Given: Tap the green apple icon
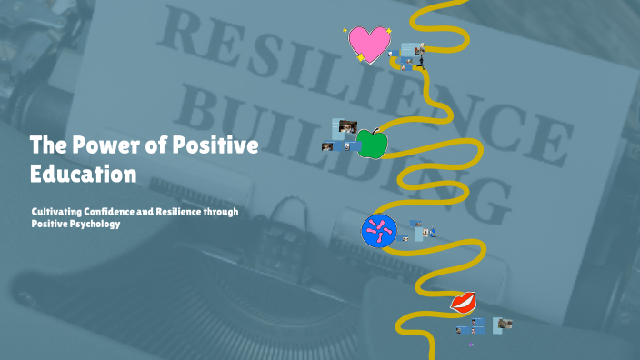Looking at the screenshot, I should point(370,143).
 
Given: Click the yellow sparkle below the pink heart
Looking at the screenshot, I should point(361,59).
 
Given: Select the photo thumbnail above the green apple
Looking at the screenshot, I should point(347,126).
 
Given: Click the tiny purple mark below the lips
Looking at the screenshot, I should point(471,345).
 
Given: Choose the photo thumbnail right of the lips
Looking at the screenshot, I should point(503,324).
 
